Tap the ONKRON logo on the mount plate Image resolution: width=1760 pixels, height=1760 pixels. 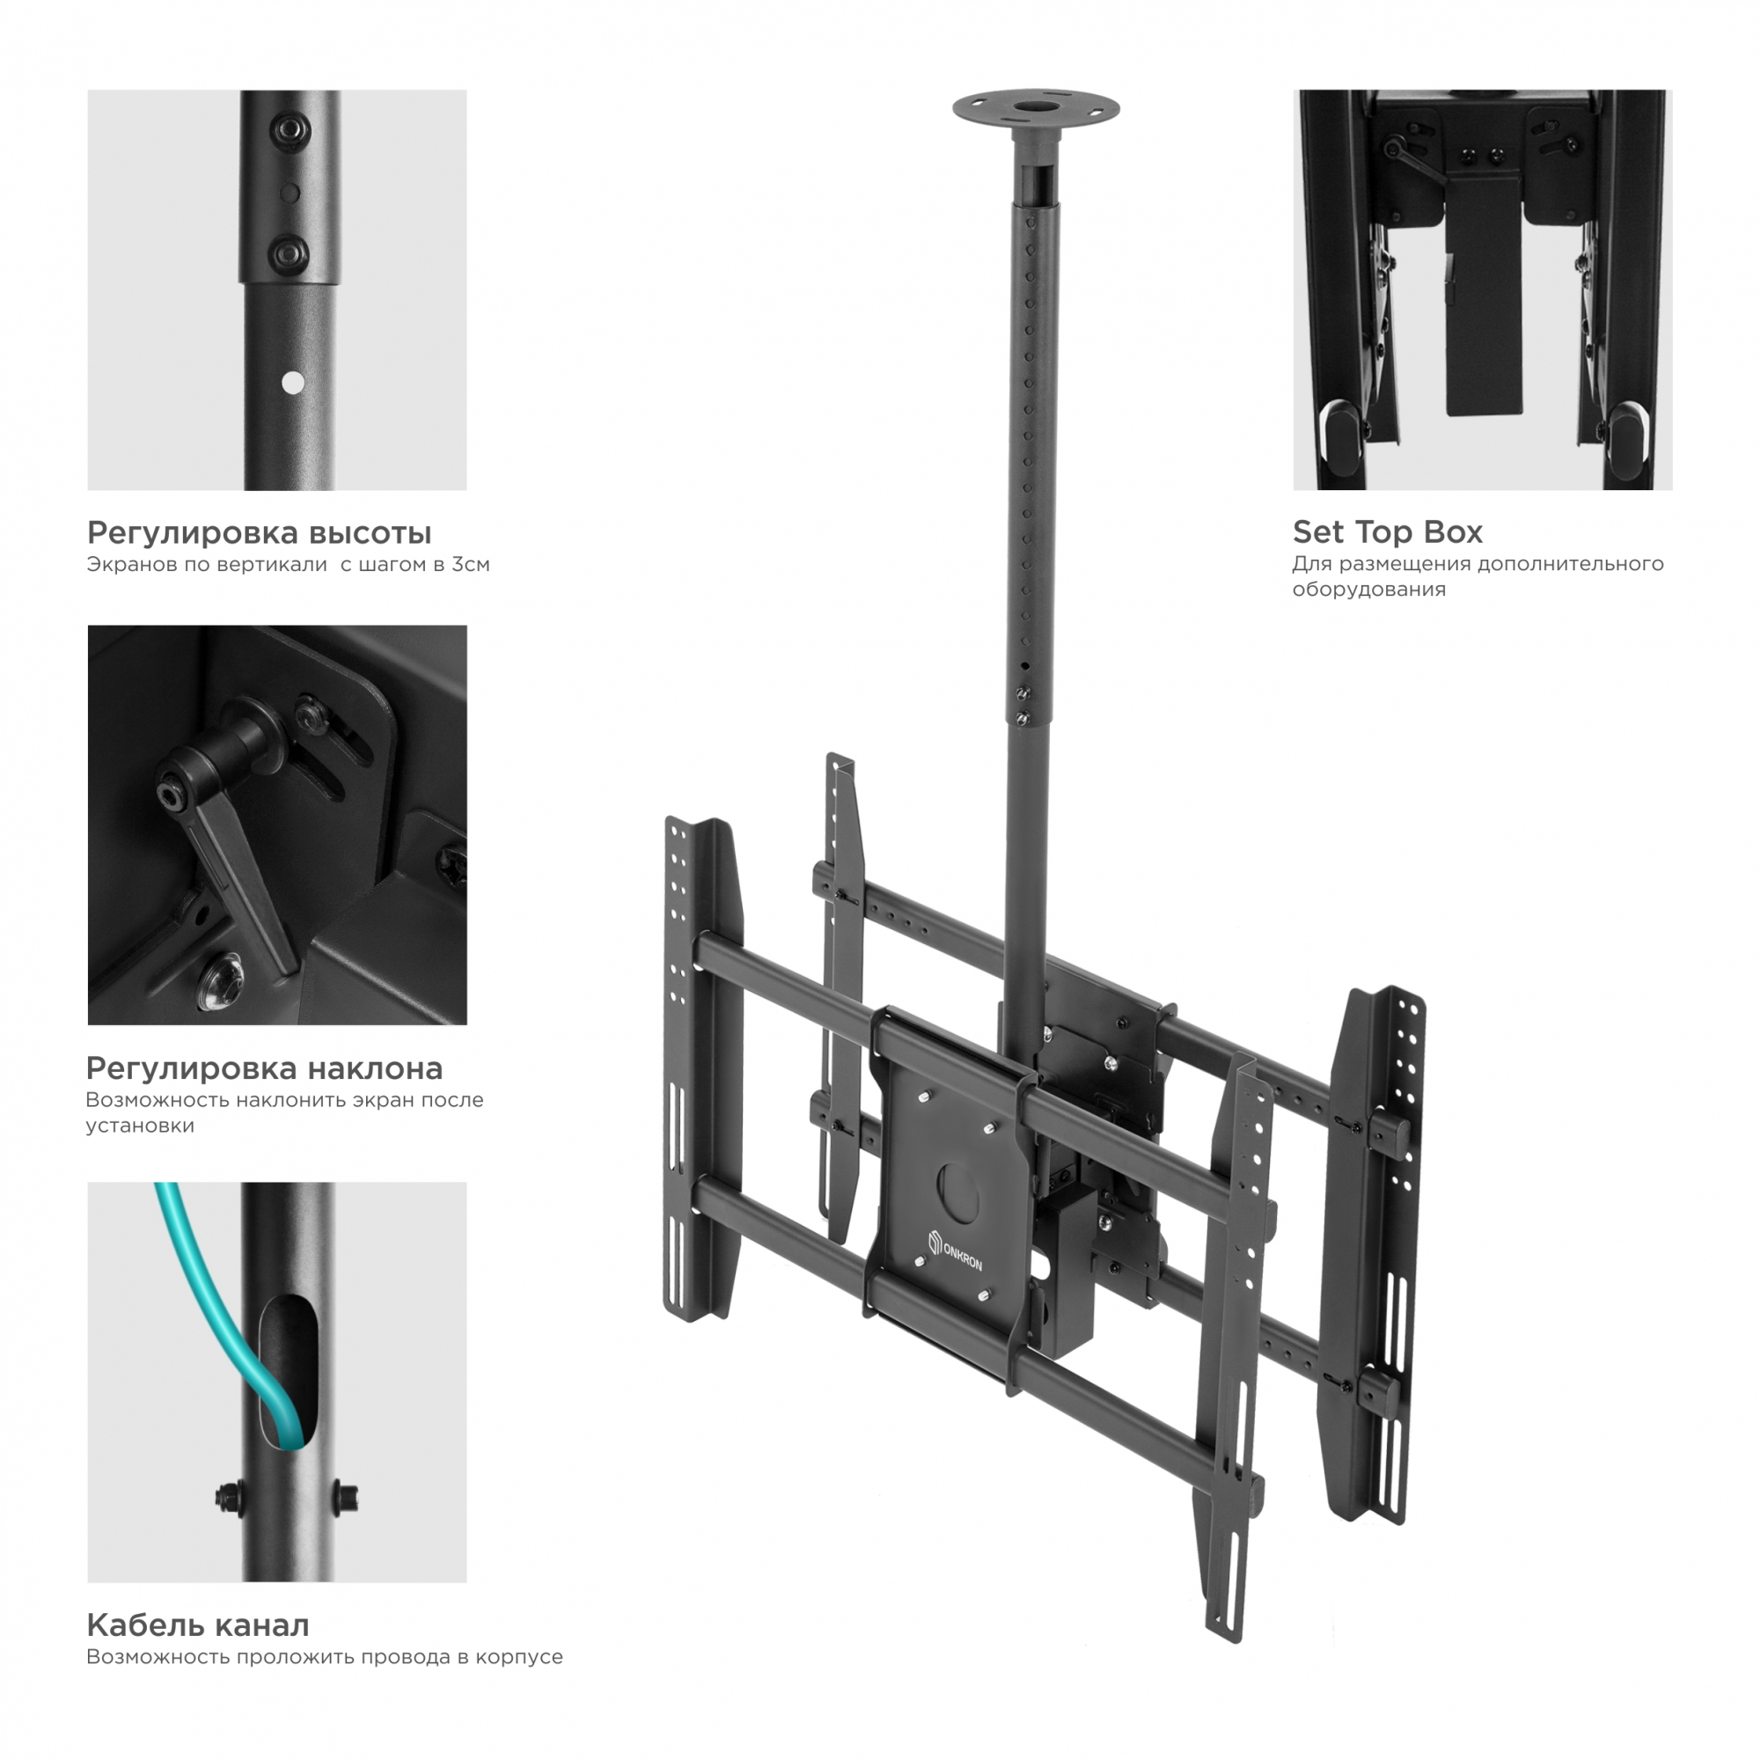click(955, 1249)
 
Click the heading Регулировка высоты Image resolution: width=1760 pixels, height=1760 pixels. click(259, 533)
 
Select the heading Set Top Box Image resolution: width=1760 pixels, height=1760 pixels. click(1388, 532)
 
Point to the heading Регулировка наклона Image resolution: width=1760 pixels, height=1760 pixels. click(264, 1067)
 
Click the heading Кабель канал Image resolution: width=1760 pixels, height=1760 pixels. click(198, 1625)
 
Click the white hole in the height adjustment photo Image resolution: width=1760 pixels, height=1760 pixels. click(292, 383)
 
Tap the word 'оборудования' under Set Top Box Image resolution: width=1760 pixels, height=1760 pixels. click(1368, 590)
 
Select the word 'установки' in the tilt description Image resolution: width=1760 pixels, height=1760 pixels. click(140, 1126)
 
